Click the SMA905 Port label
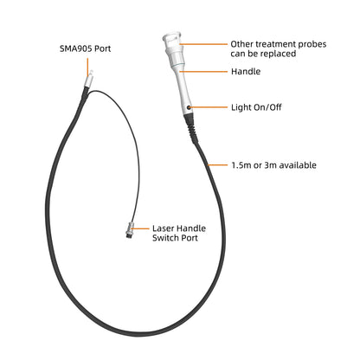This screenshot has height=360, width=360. coord(85,48)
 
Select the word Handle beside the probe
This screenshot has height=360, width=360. coord(246,72)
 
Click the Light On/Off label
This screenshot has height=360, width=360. coord(256,107)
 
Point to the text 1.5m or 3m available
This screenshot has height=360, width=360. coord(273,165)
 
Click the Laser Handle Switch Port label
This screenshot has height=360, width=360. coord(179,233)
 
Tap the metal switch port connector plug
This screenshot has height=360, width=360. coord(130,230)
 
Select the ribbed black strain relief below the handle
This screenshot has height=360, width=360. coord(191,128)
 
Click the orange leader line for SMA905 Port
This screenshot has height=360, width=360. coord(87,67)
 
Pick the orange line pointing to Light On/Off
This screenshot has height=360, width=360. coord(209,107)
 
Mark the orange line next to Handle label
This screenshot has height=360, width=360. coord(203,71)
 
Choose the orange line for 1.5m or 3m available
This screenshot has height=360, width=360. coord(217,165)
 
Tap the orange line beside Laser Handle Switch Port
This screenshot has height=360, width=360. coord(140,228)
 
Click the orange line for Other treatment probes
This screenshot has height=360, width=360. coord(203,44)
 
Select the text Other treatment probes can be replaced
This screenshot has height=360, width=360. coord(279,48)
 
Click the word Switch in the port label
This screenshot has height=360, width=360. coord(165,238)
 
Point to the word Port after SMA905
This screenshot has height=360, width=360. coord(103,48)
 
